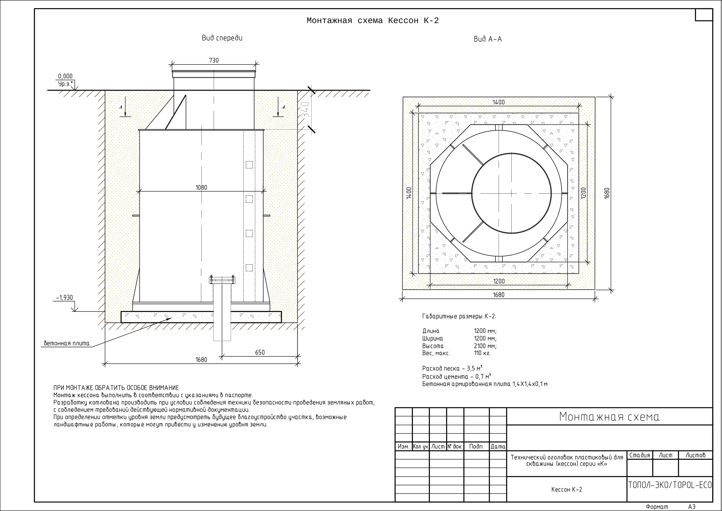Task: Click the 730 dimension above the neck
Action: click(213, 60)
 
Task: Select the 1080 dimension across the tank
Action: click(201, 187)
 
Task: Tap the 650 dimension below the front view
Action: click(260, 352)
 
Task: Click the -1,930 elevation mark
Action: click(65, 298)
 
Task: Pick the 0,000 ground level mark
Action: click(65, 76)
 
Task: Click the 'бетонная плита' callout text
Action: click(67, 343)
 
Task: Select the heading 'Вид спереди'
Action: click(222, 38)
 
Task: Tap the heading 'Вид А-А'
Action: click(488, 39)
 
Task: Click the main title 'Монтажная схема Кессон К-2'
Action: click(373, 21)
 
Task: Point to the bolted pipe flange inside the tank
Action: click(222, 279)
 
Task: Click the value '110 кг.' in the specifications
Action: click(482, 353)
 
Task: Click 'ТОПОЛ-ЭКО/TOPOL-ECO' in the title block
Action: click(670, 485)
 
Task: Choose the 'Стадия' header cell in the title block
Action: click(640, 455)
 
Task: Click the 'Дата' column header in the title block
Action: click(498, 446)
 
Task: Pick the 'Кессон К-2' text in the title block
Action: click(567, 489)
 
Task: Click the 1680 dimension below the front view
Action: click(201, 360)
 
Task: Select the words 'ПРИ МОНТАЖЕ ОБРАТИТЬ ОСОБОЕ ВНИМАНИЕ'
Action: click(116, 387)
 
